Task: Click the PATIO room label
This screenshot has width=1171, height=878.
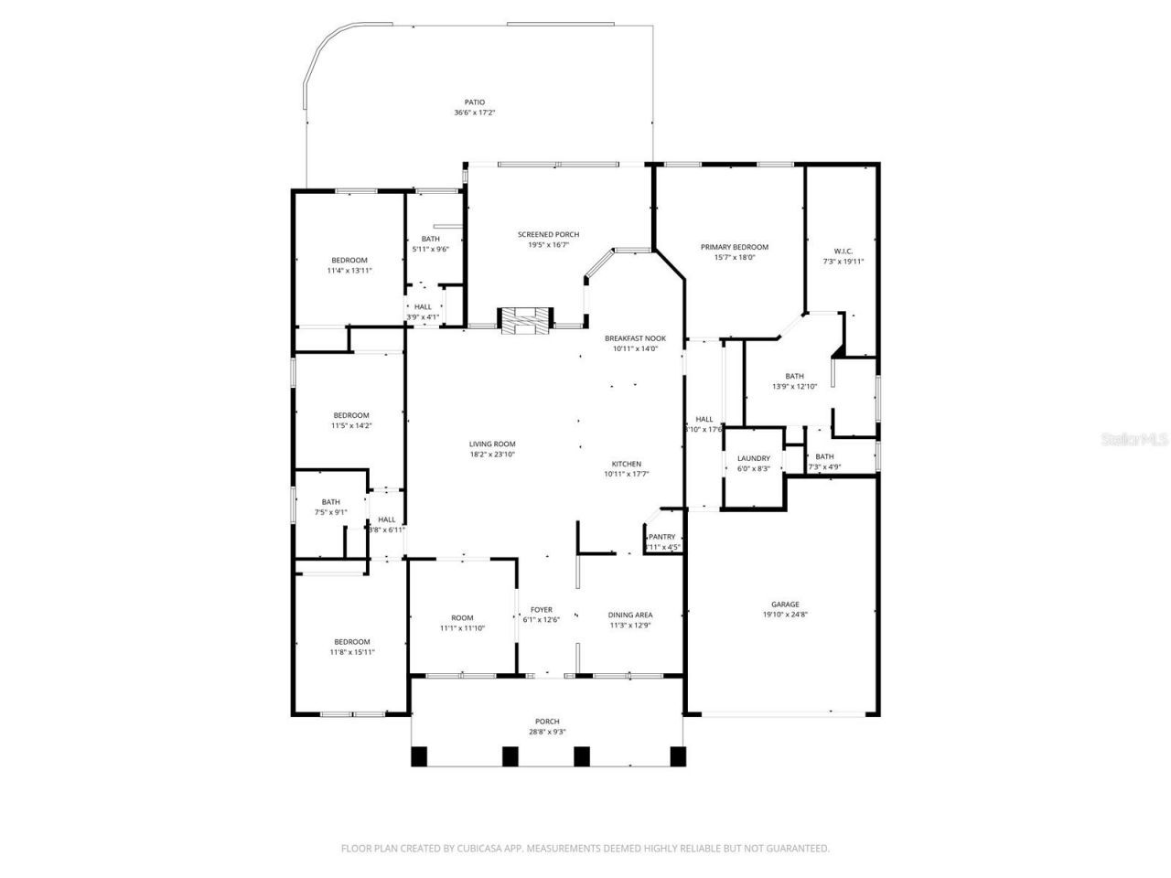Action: (x=474, y=102)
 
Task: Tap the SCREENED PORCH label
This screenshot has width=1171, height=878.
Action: (x=548, y=235)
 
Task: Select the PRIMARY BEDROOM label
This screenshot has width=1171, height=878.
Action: (x=734, y=247)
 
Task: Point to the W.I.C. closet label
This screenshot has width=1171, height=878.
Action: (x=843, y=251)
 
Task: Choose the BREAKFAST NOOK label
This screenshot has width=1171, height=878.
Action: (x=635, y=338)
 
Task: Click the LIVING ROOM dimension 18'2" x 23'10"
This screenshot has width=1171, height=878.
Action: (x=493, y=454)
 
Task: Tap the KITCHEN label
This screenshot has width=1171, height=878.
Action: (x=627, y=464)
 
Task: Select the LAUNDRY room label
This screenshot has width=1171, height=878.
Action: (x=754, y=458)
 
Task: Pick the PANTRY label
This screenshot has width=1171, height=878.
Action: (x=662, y=537)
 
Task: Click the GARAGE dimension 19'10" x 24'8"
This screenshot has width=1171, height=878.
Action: (x=785, y=615)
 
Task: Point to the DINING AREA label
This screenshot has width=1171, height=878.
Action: (x=630, y=615)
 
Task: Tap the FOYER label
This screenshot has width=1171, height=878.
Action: (x=541, y=610)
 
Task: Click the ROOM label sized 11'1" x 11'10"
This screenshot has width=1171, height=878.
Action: (x=462, y=618)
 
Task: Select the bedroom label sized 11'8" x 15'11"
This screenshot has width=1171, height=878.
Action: (x=351, y=642)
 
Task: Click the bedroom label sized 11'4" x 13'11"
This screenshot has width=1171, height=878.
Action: (x=349, y=261)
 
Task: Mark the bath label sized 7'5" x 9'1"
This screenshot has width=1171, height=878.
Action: (x=330, y=502)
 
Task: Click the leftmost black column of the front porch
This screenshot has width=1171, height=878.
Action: (x=419, y=756)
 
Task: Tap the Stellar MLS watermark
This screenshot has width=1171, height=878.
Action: (x=1134, y=439)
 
